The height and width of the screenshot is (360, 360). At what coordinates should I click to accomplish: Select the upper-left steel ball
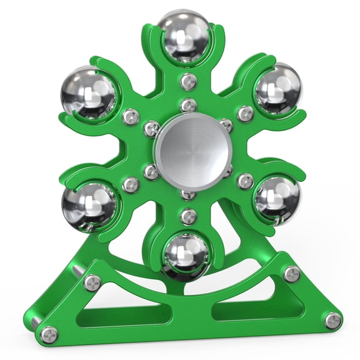89,95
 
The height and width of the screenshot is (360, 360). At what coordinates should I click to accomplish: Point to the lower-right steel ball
277,197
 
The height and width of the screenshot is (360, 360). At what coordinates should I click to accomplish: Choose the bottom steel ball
186,256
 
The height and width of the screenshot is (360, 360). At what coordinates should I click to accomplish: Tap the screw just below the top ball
188,81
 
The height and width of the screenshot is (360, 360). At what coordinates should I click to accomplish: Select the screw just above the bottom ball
188,216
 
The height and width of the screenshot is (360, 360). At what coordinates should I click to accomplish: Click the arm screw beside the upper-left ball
131,116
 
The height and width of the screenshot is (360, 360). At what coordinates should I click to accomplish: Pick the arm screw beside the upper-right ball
246,113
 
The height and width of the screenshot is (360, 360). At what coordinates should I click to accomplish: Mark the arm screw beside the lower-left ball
131,184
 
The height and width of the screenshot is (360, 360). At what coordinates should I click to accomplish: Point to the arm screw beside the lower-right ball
246,181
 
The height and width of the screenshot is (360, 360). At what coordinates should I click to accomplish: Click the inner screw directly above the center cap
189,105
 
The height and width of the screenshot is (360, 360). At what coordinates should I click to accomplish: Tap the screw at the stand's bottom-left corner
49,334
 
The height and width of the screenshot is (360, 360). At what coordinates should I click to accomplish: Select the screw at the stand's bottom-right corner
333,321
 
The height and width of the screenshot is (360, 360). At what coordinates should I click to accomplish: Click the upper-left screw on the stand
92,282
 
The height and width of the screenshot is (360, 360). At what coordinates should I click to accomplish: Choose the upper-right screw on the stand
291,274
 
